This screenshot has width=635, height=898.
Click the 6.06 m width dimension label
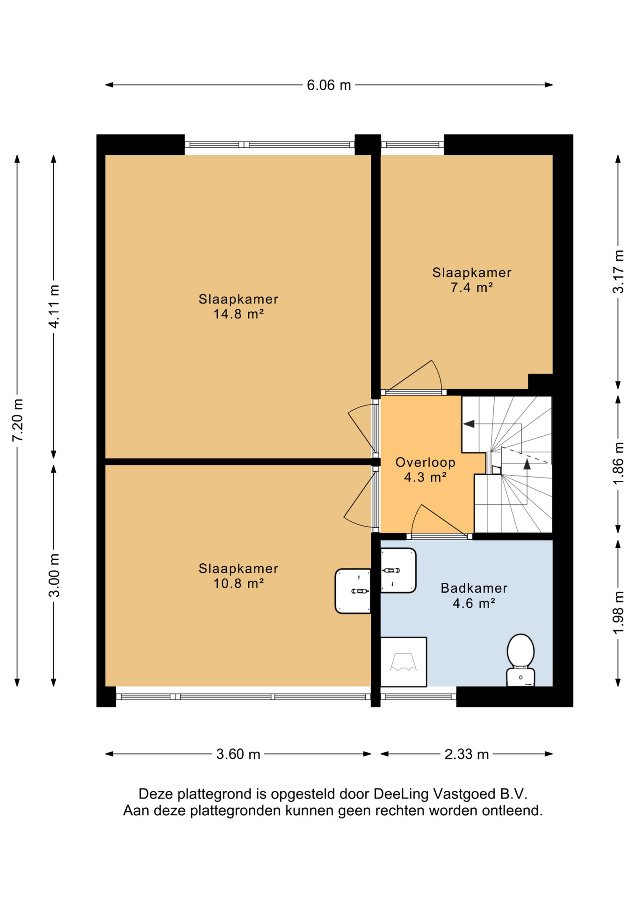pyautogui.click(x=329, y=85)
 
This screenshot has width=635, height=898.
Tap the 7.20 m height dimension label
pyautogui.click(x=18, y=420)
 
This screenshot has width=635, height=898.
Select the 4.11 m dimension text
pyautogui.click(x=54, y=306)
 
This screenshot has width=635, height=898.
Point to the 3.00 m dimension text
pyautogui.click(x=54, y=575)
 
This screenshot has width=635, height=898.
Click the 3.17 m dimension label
pyautogui.click(x=618, y=272)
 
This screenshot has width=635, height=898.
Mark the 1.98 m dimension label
pyautogui.click(x=618, y=613)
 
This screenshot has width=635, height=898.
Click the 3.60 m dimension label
pyautogui.click(x=238, y=754)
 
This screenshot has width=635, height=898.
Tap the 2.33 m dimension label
pyautogui.click(x=466, y=754)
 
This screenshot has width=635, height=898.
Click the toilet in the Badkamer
pyautogui.click(x=520, y=660)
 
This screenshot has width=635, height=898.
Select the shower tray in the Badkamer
pyautogui.click(x=403, y=661)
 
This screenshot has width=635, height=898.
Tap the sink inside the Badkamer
pyautogui.click(x=398, y=570)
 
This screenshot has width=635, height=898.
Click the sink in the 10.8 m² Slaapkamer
pyautogui.click(x=353, y=591)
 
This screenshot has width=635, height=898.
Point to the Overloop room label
pyautogui.click(x=425, y=463)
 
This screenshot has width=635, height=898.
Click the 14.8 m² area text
pyautogui.click(x=238, y=314)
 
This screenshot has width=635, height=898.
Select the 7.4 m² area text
pyautogui.click(x=471, y=287)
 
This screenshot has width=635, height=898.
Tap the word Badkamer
pyautogui.click(x=474, y=588)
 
